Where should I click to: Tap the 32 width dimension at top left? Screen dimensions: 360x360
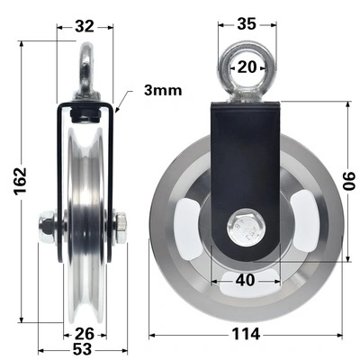(85, 27)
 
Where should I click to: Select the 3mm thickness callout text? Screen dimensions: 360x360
(163, 90)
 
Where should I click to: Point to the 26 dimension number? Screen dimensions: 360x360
(85, 334)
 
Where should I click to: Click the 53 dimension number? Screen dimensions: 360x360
(82, 349)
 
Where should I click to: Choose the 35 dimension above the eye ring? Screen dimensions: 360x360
(247, 24)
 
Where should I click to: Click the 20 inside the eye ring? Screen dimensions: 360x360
(247, 67)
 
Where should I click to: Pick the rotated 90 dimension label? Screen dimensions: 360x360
(350, 181)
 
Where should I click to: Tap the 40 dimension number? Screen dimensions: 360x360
(245, 281)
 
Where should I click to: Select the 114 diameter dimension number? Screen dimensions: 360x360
(246, 334)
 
